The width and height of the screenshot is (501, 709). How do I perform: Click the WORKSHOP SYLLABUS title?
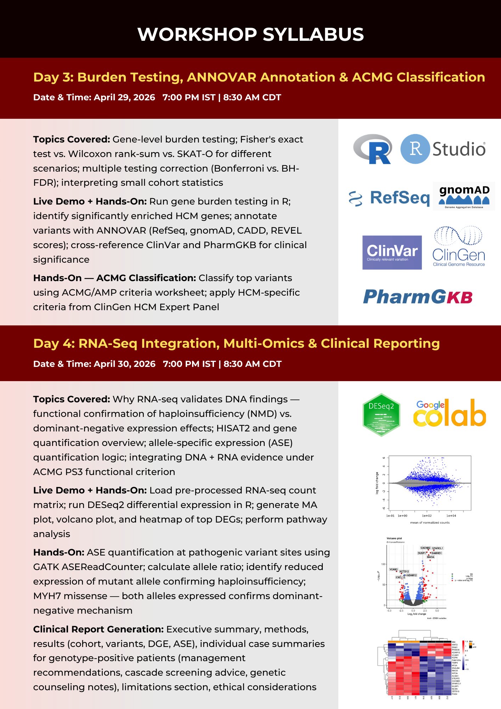pos(251,34)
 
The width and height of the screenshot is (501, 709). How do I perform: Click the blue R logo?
pos(373,149)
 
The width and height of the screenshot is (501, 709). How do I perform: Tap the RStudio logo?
pos(443,149)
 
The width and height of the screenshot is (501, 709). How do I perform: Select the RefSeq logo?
pos(389,198)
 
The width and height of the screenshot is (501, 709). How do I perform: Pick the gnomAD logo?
pos(464,196)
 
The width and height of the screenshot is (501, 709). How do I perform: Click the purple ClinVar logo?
pos(392,252)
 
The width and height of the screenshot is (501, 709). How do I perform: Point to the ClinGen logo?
pos(459,246)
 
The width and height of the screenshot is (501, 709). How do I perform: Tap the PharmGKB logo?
pos(418,297)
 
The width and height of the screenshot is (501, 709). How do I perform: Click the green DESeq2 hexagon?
pos(381,415)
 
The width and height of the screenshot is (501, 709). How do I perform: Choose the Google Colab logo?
pos(449,413)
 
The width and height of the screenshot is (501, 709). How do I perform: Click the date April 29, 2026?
pos(124,97)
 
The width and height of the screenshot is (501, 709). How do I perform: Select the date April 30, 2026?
pos(124,364)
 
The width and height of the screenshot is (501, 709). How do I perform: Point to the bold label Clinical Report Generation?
pos(98,629)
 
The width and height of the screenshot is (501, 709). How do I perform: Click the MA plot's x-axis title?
pos(430,523)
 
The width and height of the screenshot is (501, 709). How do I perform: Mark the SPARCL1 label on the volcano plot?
pos(438,548)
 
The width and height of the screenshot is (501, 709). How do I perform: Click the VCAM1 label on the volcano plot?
pos(394,569)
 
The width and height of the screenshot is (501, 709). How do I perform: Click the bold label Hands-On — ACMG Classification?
pos(114,278)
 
